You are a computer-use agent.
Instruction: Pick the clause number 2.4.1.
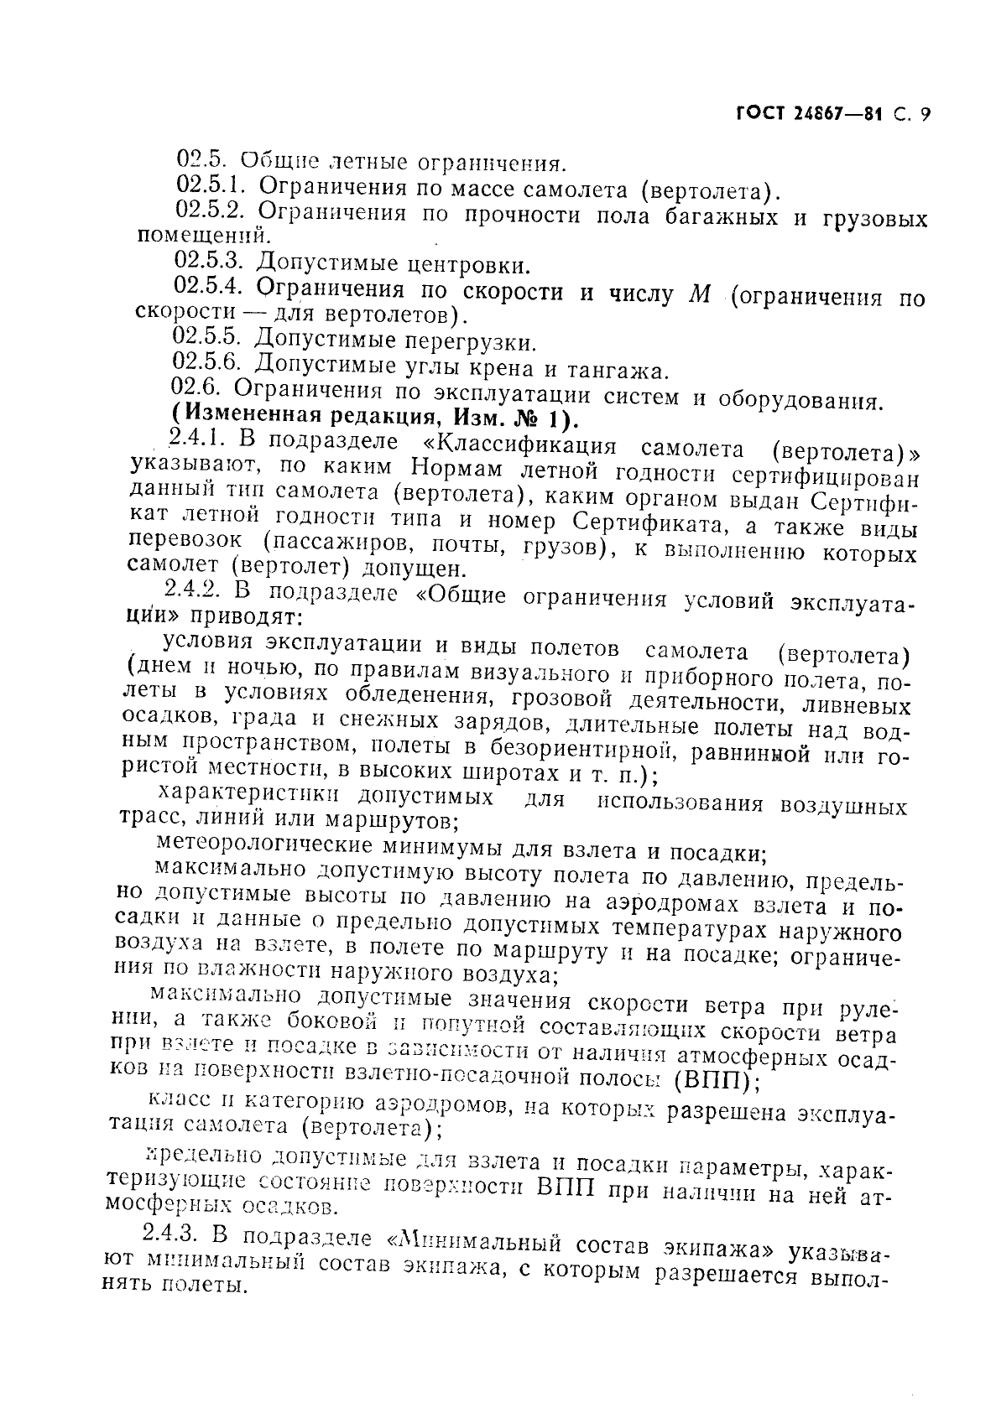click(x=196, y=439)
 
